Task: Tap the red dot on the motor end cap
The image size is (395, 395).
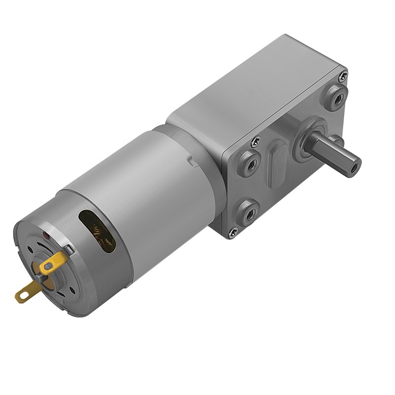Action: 46,236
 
